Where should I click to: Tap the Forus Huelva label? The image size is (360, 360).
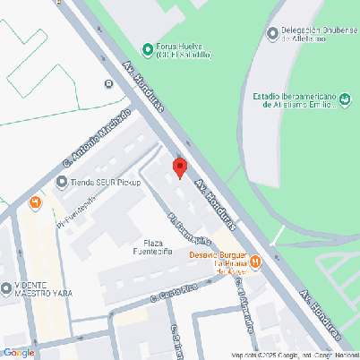[184, 50]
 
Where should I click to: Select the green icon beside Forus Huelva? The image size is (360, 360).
[148, 47]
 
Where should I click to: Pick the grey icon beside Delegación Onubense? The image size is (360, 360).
[272, 34]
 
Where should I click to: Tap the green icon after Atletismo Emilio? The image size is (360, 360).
[344, 104]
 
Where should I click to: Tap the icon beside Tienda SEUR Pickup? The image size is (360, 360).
[61, 184]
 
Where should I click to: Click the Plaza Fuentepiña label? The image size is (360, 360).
[152, 248]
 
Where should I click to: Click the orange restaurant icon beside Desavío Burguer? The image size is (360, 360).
[255, 261]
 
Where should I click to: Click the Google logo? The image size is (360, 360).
[19, 352]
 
